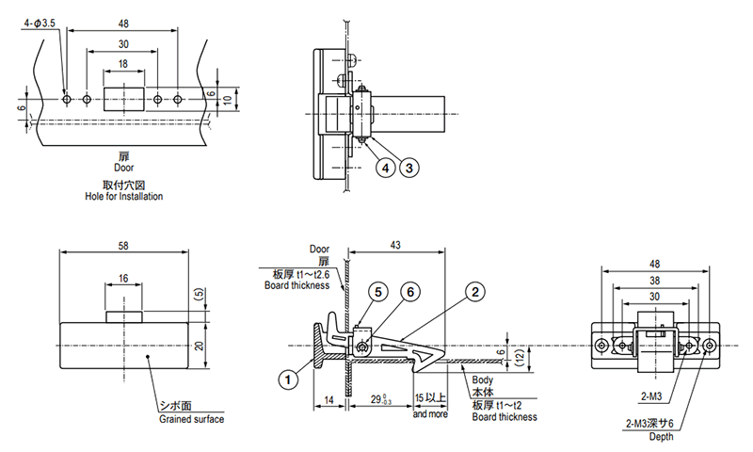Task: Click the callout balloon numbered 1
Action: pos(289,380)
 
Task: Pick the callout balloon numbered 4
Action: pos(385,168)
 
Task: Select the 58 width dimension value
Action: pos(125,245)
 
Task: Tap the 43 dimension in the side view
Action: pos(394,245)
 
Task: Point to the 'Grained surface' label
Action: pos(191,419)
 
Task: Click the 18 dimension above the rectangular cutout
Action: pos(123,64)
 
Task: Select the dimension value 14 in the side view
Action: pos(328,400)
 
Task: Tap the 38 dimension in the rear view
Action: pos(653,281)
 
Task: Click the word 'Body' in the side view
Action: pos(483,379)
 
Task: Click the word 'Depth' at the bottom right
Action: pos(658,435)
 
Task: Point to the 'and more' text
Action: pos(429,413)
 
